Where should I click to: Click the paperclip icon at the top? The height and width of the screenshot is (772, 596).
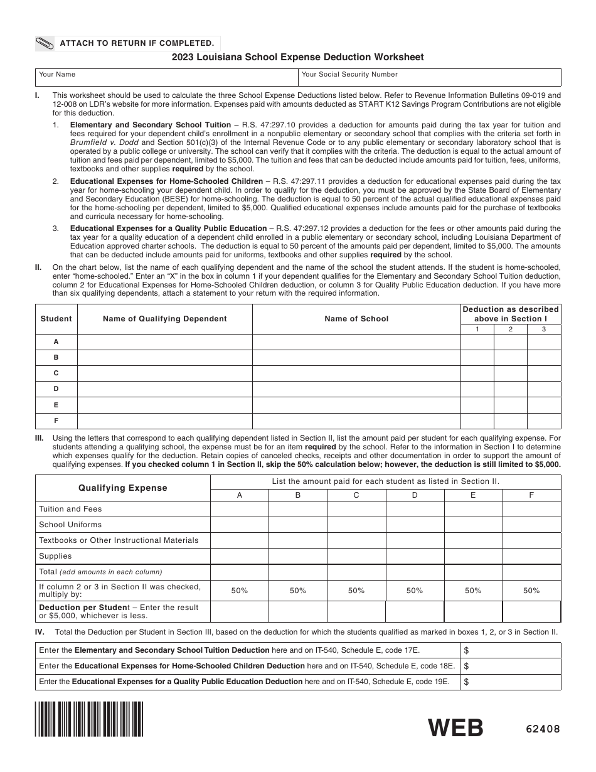tap(45, 43)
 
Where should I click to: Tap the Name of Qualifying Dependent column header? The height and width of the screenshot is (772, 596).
tap(164, 319)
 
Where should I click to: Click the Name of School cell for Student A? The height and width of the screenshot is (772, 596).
tap(356, 342)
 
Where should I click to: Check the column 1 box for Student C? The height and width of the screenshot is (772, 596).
tap(477, 373)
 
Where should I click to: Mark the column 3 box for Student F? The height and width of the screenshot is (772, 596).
tap(544, 421)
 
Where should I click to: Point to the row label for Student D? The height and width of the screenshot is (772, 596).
tap(56, 389)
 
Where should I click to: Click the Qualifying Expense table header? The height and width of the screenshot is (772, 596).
tap(122, 488)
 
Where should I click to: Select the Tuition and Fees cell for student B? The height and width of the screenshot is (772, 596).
tap(298, 509)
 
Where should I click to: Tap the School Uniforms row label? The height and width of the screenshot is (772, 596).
tap(70, 525)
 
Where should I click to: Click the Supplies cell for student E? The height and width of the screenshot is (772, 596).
tap(473, 556)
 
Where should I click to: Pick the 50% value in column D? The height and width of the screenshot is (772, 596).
tap(415, 591)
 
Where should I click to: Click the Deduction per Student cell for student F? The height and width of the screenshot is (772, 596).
tap(531, 611)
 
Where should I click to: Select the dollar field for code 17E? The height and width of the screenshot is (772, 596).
tap(511, 650)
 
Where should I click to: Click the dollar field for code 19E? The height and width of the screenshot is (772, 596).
tap(511, 682)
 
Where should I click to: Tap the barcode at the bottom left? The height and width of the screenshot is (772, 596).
tap(90, 719)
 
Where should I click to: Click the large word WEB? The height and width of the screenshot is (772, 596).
tap(455, 728)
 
